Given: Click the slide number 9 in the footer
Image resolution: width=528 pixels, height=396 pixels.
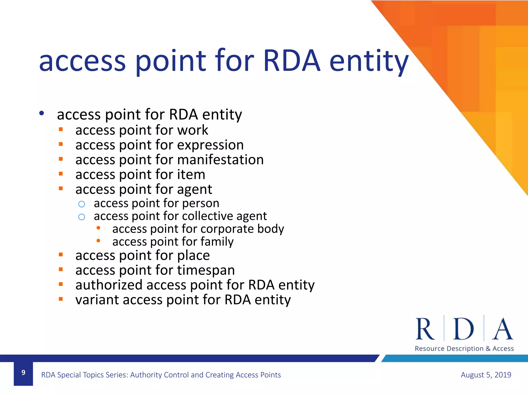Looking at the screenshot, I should (23, 373).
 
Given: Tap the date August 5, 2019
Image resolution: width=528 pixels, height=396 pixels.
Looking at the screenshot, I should (486, 375).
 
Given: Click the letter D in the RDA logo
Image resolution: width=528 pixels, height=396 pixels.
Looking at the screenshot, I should (463, 329).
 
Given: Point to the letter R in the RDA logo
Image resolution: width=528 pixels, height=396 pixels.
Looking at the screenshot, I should (425, 329).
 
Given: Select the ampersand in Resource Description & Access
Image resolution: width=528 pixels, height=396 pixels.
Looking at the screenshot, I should (488, 349).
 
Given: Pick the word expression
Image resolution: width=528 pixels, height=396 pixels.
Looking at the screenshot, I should (210, 145).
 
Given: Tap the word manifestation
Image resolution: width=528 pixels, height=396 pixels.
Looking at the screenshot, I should (220, 160).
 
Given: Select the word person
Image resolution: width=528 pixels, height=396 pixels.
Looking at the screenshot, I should (201, 203).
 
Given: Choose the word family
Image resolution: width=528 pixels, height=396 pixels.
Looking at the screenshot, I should (217, 242).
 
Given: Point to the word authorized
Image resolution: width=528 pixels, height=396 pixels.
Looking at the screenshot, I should (109, 285).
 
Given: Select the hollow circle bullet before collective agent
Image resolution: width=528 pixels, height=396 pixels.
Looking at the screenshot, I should (81, 217).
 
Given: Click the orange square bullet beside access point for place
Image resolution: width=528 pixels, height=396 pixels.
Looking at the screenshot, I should (61, 255).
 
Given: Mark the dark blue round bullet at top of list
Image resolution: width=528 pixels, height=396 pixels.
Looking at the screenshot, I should (42, 113).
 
